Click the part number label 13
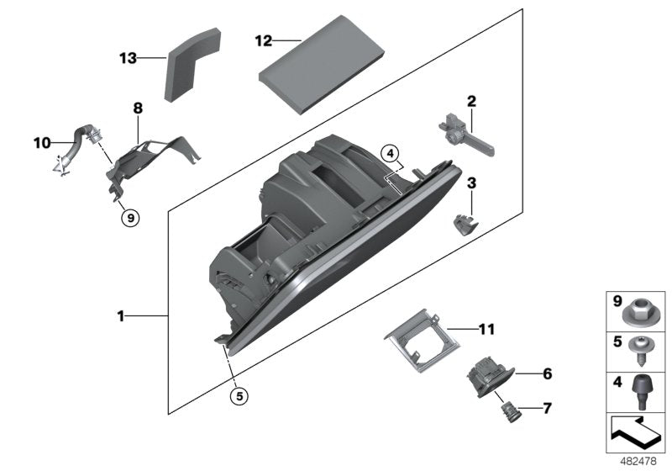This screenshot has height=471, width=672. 128,58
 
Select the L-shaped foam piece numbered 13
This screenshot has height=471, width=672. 192,66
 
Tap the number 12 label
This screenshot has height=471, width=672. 264,40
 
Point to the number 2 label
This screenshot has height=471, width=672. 471,101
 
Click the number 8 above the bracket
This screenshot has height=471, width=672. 138,108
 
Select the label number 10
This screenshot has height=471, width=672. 42,142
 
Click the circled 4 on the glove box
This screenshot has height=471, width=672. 389,153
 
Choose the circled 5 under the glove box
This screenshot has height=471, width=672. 239,394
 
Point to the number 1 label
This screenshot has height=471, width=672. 121,316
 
